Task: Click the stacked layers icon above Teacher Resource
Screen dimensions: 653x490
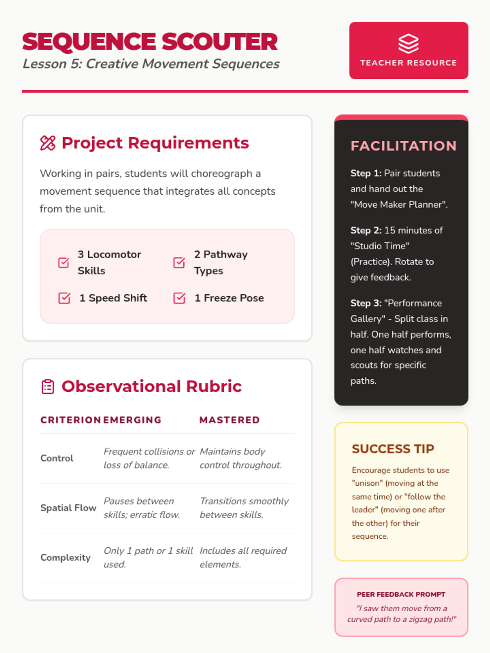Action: click(408, 44)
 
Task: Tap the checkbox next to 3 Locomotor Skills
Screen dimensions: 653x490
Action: click(64, 262)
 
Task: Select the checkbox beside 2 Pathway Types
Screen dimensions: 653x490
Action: click(179, 262)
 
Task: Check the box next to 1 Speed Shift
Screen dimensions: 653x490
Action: click(64, 298)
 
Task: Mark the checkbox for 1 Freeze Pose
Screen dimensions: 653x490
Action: click(179, 298)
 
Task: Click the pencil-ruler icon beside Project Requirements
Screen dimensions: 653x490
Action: click(48, 143)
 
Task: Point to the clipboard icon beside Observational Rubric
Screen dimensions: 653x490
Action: click(48, 386)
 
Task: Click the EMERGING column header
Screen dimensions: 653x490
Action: click(132, 420)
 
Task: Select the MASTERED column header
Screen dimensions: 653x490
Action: click(229, 420)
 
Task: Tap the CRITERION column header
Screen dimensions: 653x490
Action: click(70, 420)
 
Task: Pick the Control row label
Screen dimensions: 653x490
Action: click(57, 458)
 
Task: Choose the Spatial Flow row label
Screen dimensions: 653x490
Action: click(68, 508)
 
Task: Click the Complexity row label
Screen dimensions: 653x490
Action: click(65, 557)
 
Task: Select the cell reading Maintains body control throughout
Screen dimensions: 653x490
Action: click(241, 458)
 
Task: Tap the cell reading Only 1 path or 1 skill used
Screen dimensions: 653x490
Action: click(148, 557)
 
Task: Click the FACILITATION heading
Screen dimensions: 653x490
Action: click(403, 146)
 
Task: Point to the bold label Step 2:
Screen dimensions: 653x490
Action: click(366, 230)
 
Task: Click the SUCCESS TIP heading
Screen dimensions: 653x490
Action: click(393, 449)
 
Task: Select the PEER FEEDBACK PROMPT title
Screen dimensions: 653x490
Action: click(401, 594)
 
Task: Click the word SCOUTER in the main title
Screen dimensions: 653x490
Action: click(220, 42)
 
